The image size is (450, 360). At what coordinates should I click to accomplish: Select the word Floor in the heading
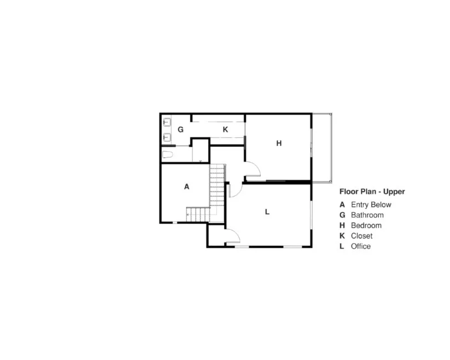coord(348,192)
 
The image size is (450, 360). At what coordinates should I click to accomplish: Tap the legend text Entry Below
coord(371,204)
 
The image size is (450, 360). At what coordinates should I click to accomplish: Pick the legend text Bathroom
coord(367,215)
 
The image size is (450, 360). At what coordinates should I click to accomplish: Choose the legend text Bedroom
coord(366,225)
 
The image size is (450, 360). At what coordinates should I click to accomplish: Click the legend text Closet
coord(361,236)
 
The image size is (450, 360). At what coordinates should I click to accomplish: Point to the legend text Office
coord(361,246)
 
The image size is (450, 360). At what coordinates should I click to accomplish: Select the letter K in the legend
coord(343,236)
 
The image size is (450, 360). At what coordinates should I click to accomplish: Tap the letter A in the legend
coord(343,204)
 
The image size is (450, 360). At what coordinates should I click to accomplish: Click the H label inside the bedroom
coord(279,143)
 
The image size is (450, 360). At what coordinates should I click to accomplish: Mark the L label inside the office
coord(267,212)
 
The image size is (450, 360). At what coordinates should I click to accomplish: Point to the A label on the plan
coord(187,187)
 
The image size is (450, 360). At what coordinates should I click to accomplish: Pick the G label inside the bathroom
coord(180,130)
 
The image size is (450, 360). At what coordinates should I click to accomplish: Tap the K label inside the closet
coord(225,130)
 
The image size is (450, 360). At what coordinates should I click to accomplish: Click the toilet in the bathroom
coord(168,155)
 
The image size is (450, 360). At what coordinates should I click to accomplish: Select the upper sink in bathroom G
coord(167,122)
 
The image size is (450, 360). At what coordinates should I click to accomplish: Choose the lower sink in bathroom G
coord(167,136)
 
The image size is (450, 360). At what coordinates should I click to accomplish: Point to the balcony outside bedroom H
coord(322,147)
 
